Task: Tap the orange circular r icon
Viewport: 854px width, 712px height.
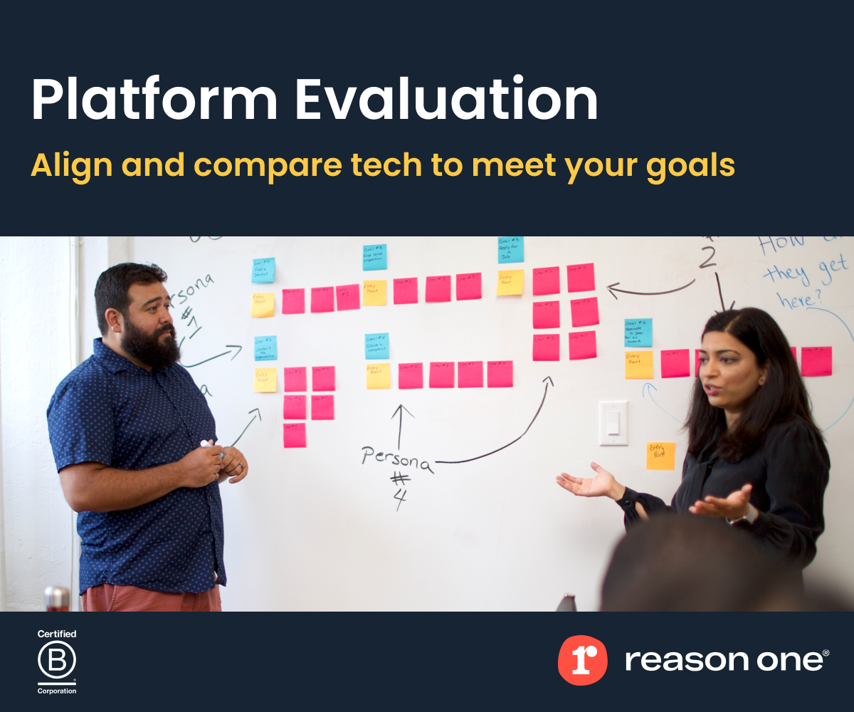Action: point(582,660)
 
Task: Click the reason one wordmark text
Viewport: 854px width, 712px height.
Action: point(726,660)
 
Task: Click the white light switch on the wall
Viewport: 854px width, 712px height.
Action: point(613,423)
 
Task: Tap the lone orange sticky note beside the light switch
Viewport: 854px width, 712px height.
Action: point(660,456)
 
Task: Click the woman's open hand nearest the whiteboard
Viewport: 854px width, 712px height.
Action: point(588,482)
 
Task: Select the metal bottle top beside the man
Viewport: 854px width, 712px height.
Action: point(57,597)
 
